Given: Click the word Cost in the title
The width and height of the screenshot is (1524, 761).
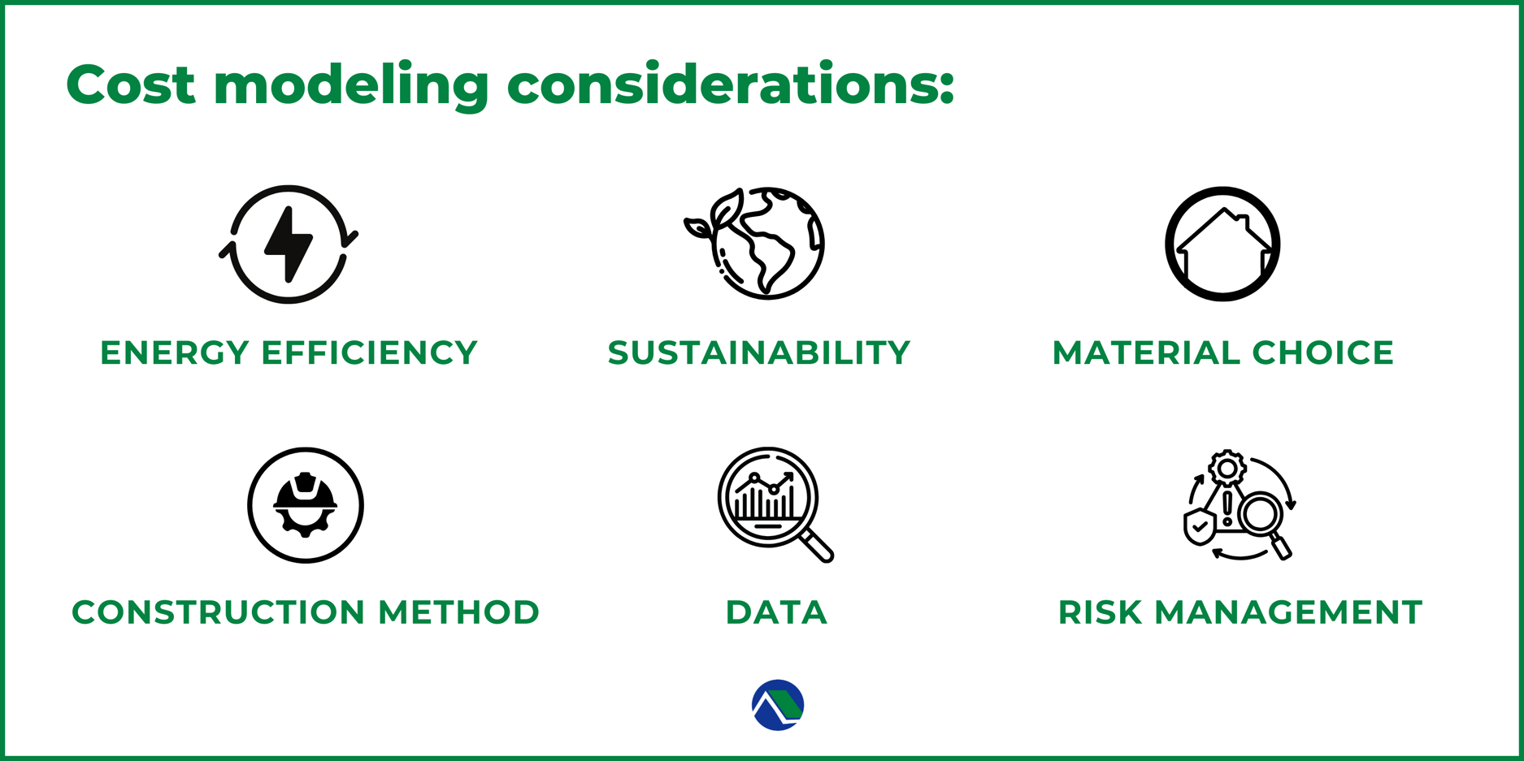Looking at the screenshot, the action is [131, 84].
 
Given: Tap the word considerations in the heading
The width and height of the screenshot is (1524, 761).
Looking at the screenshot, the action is [731, 84].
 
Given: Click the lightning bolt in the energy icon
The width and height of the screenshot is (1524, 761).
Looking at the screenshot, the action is [289, 244].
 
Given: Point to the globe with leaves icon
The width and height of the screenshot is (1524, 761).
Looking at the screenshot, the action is [754, 244].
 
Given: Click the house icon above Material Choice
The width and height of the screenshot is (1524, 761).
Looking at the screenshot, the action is [1223, 244].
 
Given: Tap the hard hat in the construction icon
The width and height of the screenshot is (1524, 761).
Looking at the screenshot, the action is [306, 492].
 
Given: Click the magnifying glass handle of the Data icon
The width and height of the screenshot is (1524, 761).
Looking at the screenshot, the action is [817, 546].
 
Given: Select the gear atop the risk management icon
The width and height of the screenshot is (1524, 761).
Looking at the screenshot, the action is [1227, 468].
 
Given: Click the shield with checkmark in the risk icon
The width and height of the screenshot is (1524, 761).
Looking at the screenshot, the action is [1200, 526].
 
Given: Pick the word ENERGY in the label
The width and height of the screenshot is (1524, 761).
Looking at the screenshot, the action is [175, 352].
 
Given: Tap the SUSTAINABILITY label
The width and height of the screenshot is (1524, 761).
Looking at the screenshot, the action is [759, 352].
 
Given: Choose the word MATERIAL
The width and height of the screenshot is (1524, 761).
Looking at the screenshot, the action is [1145, 352].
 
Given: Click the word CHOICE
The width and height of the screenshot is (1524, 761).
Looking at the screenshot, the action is [1323, 352].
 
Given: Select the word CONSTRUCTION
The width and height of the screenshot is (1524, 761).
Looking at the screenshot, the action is [219, 612].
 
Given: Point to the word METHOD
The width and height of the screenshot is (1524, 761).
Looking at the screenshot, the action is [459, 612].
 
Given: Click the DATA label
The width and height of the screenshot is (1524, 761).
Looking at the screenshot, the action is [776, 612].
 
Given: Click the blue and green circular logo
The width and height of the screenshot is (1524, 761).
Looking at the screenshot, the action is [778, 705].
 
